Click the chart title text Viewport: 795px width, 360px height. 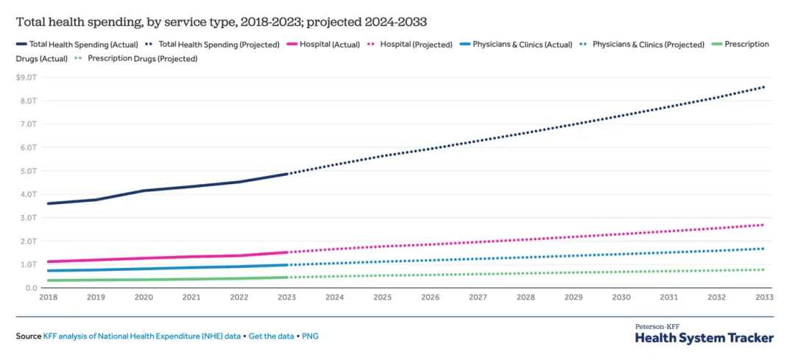tap(221, 21)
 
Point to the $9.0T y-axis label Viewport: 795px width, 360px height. tap(27, 77)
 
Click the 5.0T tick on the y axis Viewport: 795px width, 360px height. tap(29, 171)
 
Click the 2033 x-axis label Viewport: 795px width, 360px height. tap(763, 297)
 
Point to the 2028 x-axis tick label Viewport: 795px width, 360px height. tap(526, 297)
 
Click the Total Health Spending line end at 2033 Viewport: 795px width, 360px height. tap(763, 87)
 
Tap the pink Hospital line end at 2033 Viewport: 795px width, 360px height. tap(763, 225)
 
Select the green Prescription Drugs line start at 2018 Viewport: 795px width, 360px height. tap(48, 280)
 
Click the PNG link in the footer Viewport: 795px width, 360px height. tap(311, 336)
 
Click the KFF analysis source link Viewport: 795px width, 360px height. tap(142, 336)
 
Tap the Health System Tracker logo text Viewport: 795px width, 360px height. tap(704, 337)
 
